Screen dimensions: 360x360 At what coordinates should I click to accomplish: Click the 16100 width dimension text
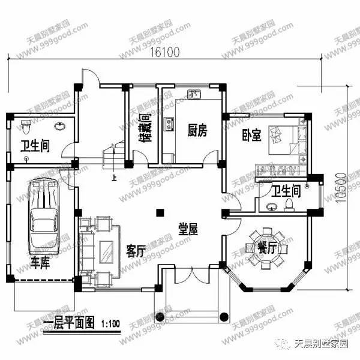pos(163,52)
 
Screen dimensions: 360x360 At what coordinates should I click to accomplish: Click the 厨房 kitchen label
pos(197,130)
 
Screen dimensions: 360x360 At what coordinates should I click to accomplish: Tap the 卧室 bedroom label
pos(251,136)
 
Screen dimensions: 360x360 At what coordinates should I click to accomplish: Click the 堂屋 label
pos(188,229)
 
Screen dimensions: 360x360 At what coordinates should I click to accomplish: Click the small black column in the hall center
pos(159,212)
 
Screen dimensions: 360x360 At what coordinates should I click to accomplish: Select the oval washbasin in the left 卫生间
pos(59,127)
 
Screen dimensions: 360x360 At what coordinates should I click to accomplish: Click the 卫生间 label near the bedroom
pos(286,191)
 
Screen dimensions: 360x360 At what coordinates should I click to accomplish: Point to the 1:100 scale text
pos(111,325)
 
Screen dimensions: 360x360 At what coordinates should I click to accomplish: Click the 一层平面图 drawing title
pos(70,324)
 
